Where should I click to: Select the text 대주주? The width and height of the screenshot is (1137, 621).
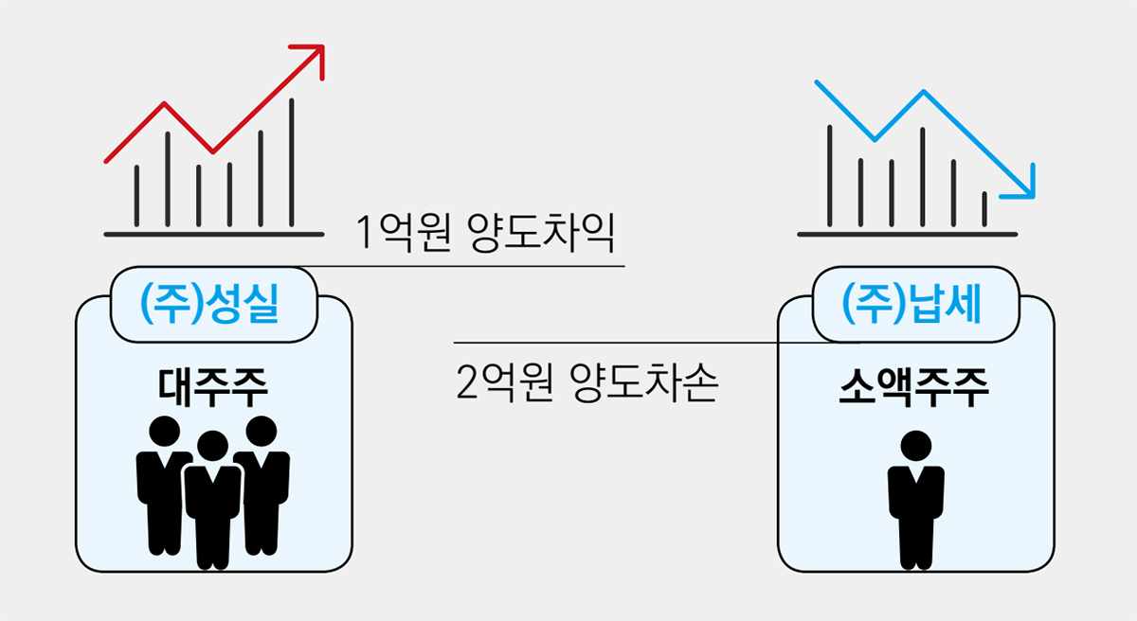point(212,388)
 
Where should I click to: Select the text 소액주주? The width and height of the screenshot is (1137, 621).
point(914,388)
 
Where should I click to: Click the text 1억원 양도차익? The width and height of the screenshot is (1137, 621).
point(486,233)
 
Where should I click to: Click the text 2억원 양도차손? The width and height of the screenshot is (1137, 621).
point(587,382)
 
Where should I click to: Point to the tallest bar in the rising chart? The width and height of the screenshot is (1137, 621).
point(292,162)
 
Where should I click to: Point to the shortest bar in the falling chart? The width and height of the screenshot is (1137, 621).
point(984,209)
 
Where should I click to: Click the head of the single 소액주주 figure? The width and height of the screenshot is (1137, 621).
point(915,446)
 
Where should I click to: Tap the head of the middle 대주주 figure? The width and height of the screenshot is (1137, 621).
point(212,446)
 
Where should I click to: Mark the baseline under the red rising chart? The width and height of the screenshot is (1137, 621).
point(214,235)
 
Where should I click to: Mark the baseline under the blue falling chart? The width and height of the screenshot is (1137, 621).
point(907,235)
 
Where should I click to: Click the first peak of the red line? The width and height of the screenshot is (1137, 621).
point(164,103)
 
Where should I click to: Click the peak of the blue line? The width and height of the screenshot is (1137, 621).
point(923,92)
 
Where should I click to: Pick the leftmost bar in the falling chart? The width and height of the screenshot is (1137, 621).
point(829,175)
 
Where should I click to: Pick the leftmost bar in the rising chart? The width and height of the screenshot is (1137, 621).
point(136,196)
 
